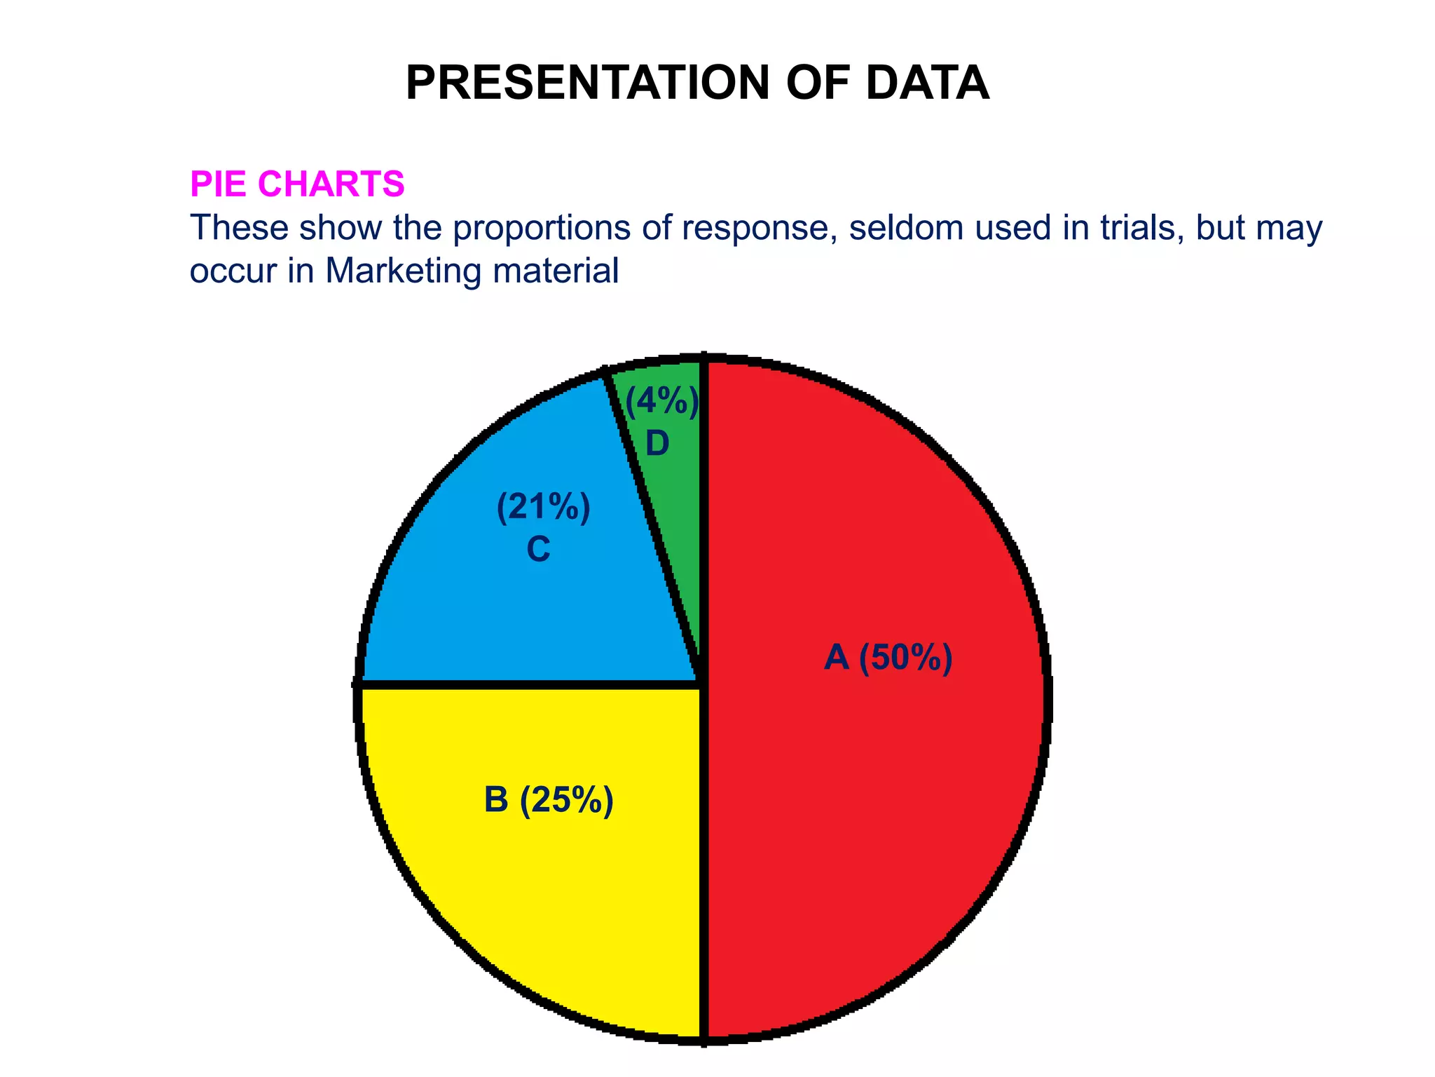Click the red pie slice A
coord(876,806)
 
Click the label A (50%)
coord(888,658)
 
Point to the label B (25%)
coord(549,800)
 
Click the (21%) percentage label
coord(543,507)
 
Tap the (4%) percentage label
coord(661,402)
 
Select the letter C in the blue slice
coord(538,550)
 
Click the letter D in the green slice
coord(657,444)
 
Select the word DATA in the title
coord(927,83)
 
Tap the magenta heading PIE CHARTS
coord(297,184)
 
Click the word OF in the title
coord(818,83)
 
